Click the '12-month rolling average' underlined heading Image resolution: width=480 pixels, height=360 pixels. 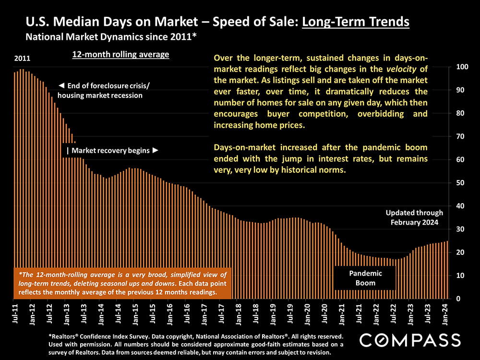click(x=120, y=55)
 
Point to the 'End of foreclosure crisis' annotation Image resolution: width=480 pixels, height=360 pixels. click(x=103, y=90)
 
